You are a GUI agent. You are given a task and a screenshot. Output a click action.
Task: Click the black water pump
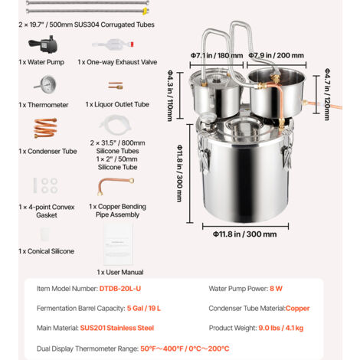(x=44, y=44)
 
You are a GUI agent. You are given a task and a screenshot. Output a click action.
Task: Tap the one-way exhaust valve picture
(x=113, y=44)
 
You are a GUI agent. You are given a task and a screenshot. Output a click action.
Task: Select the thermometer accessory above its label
(x=45, y=84)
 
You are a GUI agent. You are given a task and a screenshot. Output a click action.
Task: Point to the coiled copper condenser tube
(x=45, y=128)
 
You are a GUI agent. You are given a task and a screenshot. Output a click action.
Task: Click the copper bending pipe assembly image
(x=116, y=185)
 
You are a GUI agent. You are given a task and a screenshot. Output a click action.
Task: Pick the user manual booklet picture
(x=118, y=244)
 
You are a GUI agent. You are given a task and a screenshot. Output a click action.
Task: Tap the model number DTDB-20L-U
(x=120, y=289)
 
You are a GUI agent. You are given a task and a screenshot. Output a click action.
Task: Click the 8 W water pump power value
(x=276, y=289)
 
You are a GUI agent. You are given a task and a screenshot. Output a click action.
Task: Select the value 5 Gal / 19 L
(x=144, y=308)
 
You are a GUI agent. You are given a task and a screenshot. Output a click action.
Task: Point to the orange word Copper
(x=297, y=308)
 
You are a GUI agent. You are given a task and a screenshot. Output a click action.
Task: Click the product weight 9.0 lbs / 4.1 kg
(x=281, y=328)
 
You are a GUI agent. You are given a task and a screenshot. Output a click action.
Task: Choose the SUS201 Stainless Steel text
(x=117, y=328)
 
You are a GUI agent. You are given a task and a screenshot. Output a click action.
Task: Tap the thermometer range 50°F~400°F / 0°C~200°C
(x=185, y=349)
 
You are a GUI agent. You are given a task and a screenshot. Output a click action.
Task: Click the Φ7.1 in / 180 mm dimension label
(x=217, y=55)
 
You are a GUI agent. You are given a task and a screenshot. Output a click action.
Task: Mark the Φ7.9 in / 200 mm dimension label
(x=277, y=55)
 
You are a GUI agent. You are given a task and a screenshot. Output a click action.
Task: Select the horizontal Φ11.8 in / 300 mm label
(x=245, y=234)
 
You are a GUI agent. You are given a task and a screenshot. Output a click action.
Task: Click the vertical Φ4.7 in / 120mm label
(x=327, y=94)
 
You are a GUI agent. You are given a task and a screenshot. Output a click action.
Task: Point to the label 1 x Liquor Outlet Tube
(x=117, y=104)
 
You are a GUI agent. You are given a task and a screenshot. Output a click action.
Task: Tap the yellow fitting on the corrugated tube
(x=146, y=11)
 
